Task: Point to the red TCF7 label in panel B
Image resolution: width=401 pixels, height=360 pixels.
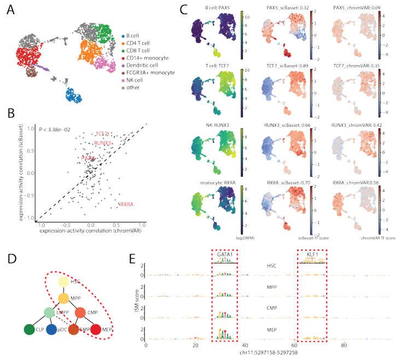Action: coord(102,134)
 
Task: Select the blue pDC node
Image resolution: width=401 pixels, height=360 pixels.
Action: coord(52,330)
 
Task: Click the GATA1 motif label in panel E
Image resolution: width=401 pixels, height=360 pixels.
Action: coord(224,255)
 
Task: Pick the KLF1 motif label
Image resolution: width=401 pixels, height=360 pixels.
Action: coord(311,255)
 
